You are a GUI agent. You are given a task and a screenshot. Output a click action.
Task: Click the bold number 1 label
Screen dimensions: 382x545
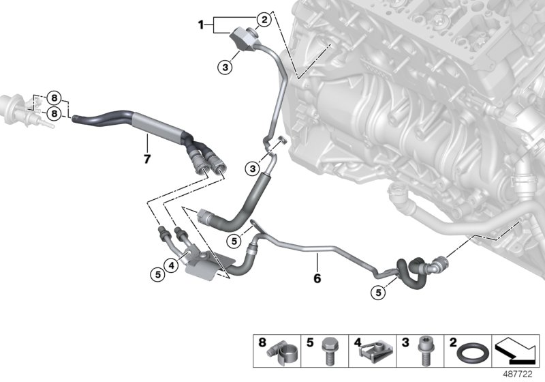pos(201,25)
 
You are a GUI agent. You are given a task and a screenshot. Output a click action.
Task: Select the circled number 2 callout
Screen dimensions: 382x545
pos(262,20)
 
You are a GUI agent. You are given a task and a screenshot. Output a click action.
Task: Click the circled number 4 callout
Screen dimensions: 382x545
pos(172,265)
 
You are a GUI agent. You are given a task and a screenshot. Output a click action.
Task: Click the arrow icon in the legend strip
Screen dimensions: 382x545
pos(517,351)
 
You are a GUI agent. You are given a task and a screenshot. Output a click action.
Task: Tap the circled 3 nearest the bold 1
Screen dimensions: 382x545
pos(225,67)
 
